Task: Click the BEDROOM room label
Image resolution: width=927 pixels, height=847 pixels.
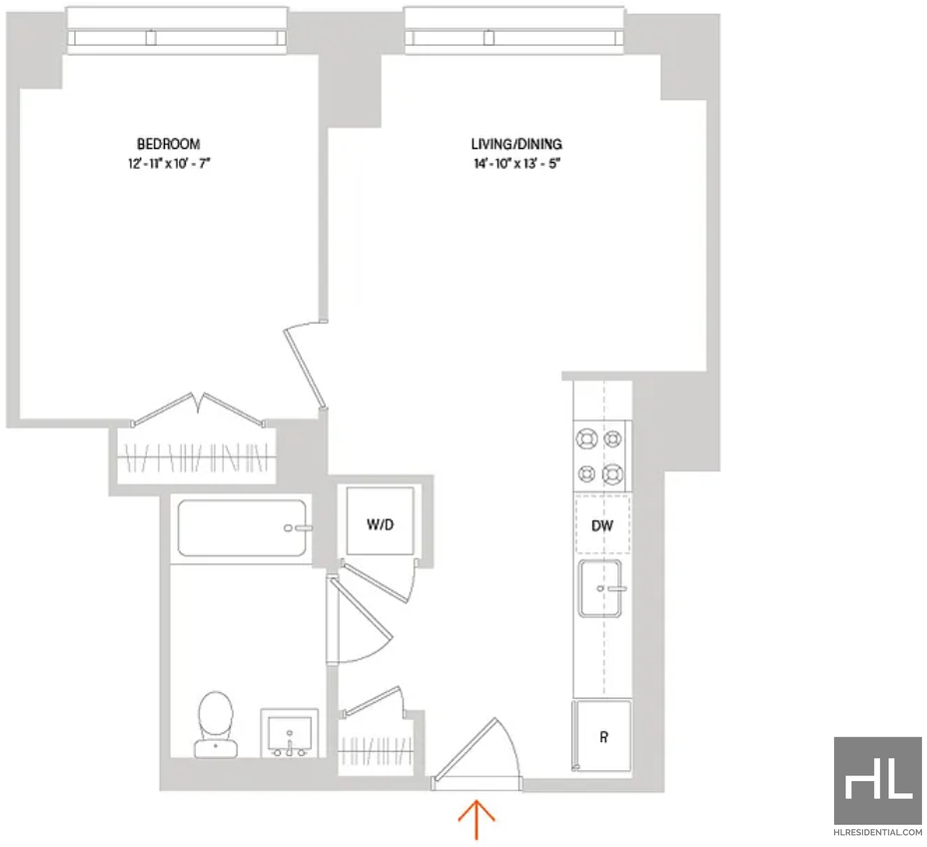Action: pyautogui.click(x=169, y=144)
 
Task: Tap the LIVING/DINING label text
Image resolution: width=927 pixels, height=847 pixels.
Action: pyautogui.click(x=516, y=144)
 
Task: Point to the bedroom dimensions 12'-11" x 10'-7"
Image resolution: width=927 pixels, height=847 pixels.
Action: pyautogui.click(x=169, y=164)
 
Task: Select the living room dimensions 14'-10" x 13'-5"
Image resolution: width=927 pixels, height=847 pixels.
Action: pyautogui.click(x=516, y=164)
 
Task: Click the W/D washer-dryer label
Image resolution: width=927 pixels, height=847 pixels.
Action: pyautogui.click(x=380, y=524)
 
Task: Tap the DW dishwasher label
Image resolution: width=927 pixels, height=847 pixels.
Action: pyautogui.click(x=602, y=525)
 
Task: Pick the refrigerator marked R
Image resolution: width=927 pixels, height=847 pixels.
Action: pyautogui.click(x=601, y=736)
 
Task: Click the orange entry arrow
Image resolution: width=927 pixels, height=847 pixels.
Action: pyautogui.click(x=476, y=819)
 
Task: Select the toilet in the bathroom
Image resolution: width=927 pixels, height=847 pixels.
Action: pyautogui.click(x=216, y=725)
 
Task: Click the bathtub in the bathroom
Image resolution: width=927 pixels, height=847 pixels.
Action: pyautogui.click(x=242, y=527)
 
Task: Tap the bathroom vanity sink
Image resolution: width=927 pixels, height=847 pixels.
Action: pyautogui.click(x=290, y=733)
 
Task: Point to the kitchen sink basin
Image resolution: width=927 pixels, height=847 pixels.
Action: pyautogui.click(x=600, y=588)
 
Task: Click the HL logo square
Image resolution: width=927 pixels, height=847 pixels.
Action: pyautogui.click(x=878, y=780)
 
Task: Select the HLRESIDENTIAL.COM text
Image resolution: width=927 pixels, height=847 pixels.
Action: pyautogui.click(x=878, y=832)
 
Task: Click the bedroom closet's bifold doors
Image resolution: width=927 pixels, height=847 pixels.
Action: pyautogui.click(x=198, y=410)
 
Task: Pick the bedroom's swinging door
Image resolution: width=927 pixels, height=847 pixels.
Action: pyautogui.click(x=305, y=367)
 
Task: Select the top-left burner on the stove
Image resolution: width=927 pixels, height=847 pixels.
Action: pyautogui.click(x=586, y=439)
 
